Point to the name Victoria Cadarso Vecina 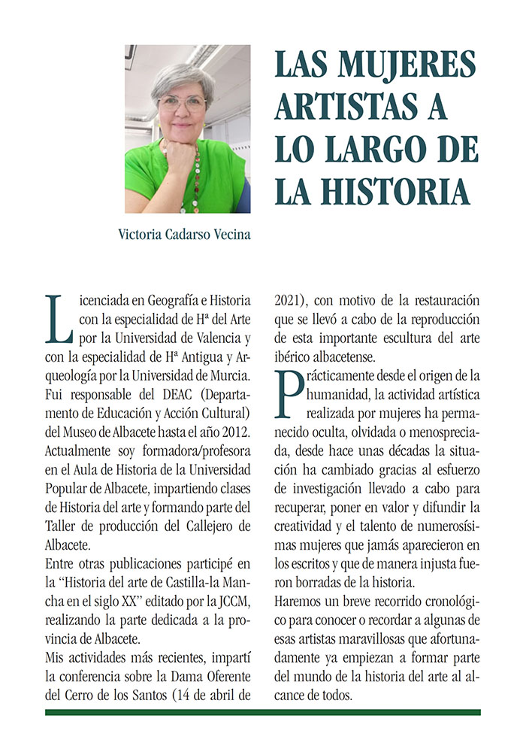pyautogui.click(x=184, y=234)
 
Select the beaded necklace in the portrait pyautogui.click(x=197, y=180)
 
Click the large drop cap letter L pyautogui.click(x=56, y=316)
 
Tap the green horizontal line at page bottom pyautogui.click(x=262, y=711)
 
